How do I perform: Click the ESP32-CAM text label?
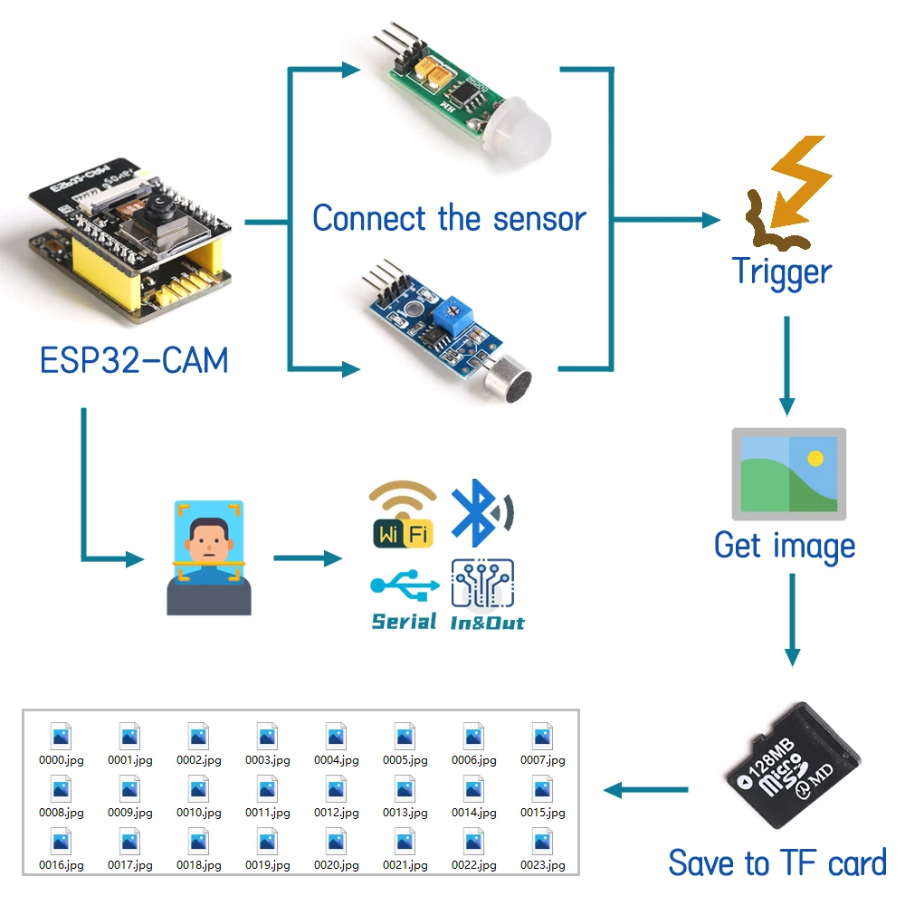pyautogui.click(x=134, y=360)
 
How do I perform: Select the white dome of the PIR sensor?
pyautogui.click(x=512, y=134)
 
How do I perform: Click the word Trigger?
pyautogui.click(x=781, y=271)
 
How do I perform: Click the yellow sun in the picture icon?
pyautogui.click(x=815, y=458)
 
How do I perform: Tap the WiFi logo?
pyautogui.click(x=404, y=515)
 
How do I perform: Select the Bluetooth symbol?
pyautogui.click(x=478, y=513)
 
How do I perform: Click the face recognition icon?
pyautogui.click(x=209, y=557)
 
